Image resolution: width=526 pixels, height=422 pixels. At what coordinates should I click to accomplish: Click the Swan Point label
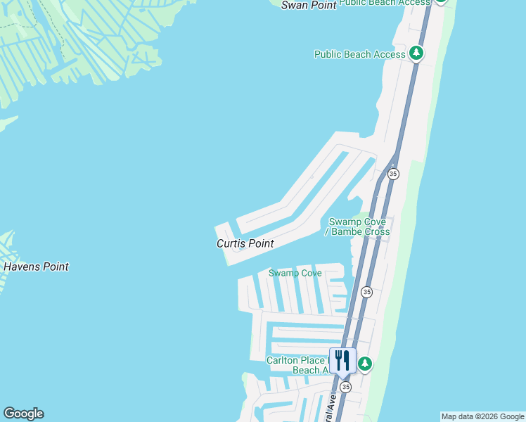pos(309,5)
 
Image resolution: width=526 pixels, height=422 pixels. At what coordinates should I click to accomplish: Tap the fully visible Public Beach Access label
pos(359,54)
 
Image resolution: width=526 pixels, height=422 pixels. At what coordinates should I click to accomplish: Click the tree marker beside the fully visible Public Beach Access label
pos(416,53)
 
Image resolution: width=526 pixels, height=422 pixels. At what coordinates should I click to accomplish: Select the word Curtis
pos(230,243)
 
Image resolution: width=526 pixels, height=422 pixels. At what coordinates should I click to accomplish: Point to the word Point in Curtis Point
pos(259,243)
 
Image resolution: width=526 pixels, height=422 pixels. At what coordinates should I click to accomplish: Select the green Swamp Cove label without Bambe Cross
pos(295,273)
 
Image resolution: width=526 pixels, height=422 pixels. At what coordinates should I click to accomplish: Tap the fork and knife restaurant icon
pos(342,360)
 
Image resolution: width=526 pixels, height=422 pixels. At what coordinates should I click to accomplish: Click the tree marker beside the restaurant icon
pos(364,364)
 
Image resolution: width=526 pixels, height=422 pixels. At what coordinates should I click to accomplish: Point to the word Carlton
pos(284,360)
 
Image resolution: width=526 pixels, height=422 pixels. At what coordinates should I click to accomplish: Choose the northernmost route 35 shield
pos(393,174)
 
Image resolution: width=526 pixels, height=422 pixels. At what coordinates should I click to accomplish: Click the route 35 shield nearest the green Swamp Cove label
pos(366,291)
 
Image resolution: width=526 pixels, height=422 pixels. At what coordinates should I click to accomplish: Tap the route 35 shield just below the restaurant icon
pos(345,387)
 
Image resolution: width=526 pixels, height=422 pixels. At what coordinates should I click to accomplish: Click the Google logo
pos(23,414)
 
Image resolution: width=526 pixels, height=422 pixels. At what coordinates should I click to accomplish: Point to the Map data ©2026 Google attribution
pos(482,416)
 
